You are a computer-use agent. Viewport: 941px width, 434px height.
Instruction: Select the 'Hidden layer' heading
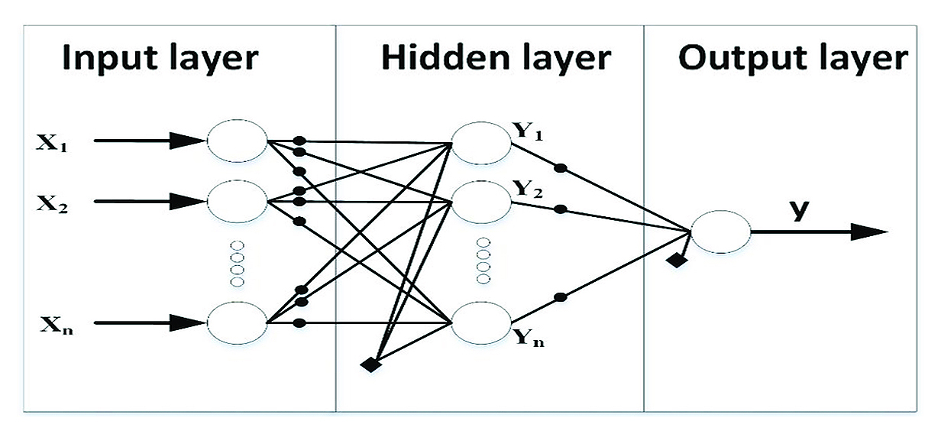(496, 59)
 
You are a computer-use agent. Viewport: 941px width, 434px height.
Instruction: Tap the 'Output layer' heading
(793, 59)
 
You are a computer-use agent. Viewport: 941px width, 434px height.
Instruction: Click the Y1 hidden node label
(528, 131)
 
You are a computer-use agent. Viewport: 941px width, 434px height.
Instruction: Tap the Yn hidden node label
(528, 344)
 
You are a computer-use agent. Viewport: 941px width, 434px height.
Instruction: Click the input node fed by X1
(238, 141)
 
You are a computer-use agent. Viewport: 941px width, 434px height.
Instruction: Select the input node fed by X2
(238, 201)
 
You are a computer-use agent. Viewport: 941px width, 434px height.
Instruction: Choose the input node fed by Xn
(238, 323)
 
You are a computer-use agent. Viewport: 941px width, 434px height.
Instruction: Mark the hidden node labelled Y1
(481, 142)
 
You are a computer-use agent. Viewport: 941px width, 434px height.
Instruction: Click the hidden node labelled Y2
(481, 202)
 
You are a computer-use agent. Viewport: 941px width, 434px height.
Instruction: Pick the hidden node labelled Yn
(481, 323)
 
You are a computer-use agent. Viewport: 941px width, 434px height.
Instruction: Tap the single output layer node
(719, 231)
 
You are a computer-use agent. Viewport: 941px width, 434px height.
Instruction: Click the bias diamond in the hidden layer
(371, 364)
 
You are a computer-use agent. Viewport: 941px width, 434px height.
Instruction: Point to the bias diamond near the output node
(674, 261)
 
